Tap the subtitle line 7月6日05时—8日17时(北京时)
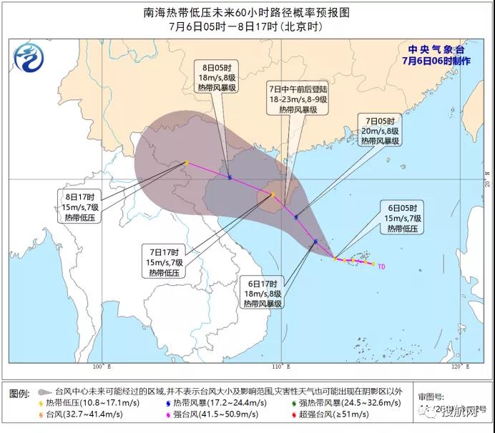tap(247, 26)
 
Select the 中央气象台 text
tap(436, 49)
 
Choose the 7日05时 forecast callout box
tap(380, 130)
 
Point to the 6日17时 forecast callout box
tap(260, 292)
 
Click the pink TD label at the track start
tap(381, 266)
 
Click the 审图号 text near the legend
tap(431, 395)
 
